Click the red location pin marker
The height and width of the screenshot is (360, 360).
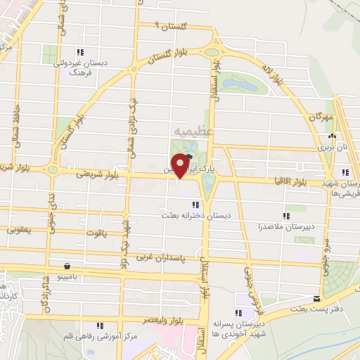[x=181, y=165]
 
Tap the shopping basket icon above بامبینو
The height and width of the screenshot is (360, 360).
[x=67, y=266]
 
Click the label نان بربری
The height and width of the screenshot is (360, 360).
[x=333, y=148]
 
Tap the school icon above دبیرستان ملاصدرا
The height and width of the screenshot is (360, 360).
[x=286, y=216]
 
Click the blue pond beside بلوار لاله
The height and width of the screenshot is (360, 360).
[x=241, y=84]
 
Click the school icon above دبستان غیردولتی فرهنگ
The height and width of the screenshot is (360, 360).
[x=81, y=51]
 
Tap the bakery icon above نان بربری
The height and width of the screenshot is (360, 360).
[x=333, y=136]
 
